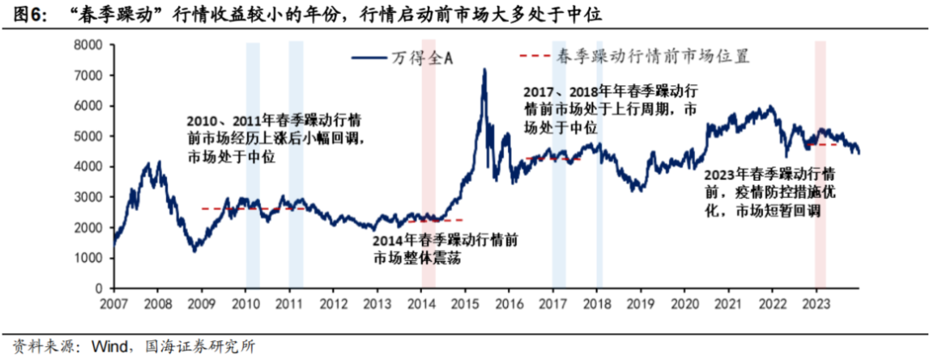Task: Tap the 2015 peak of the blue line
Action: click(x=484, y=71)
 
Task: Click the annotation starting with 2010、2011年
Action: click(x=275, y=138)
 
